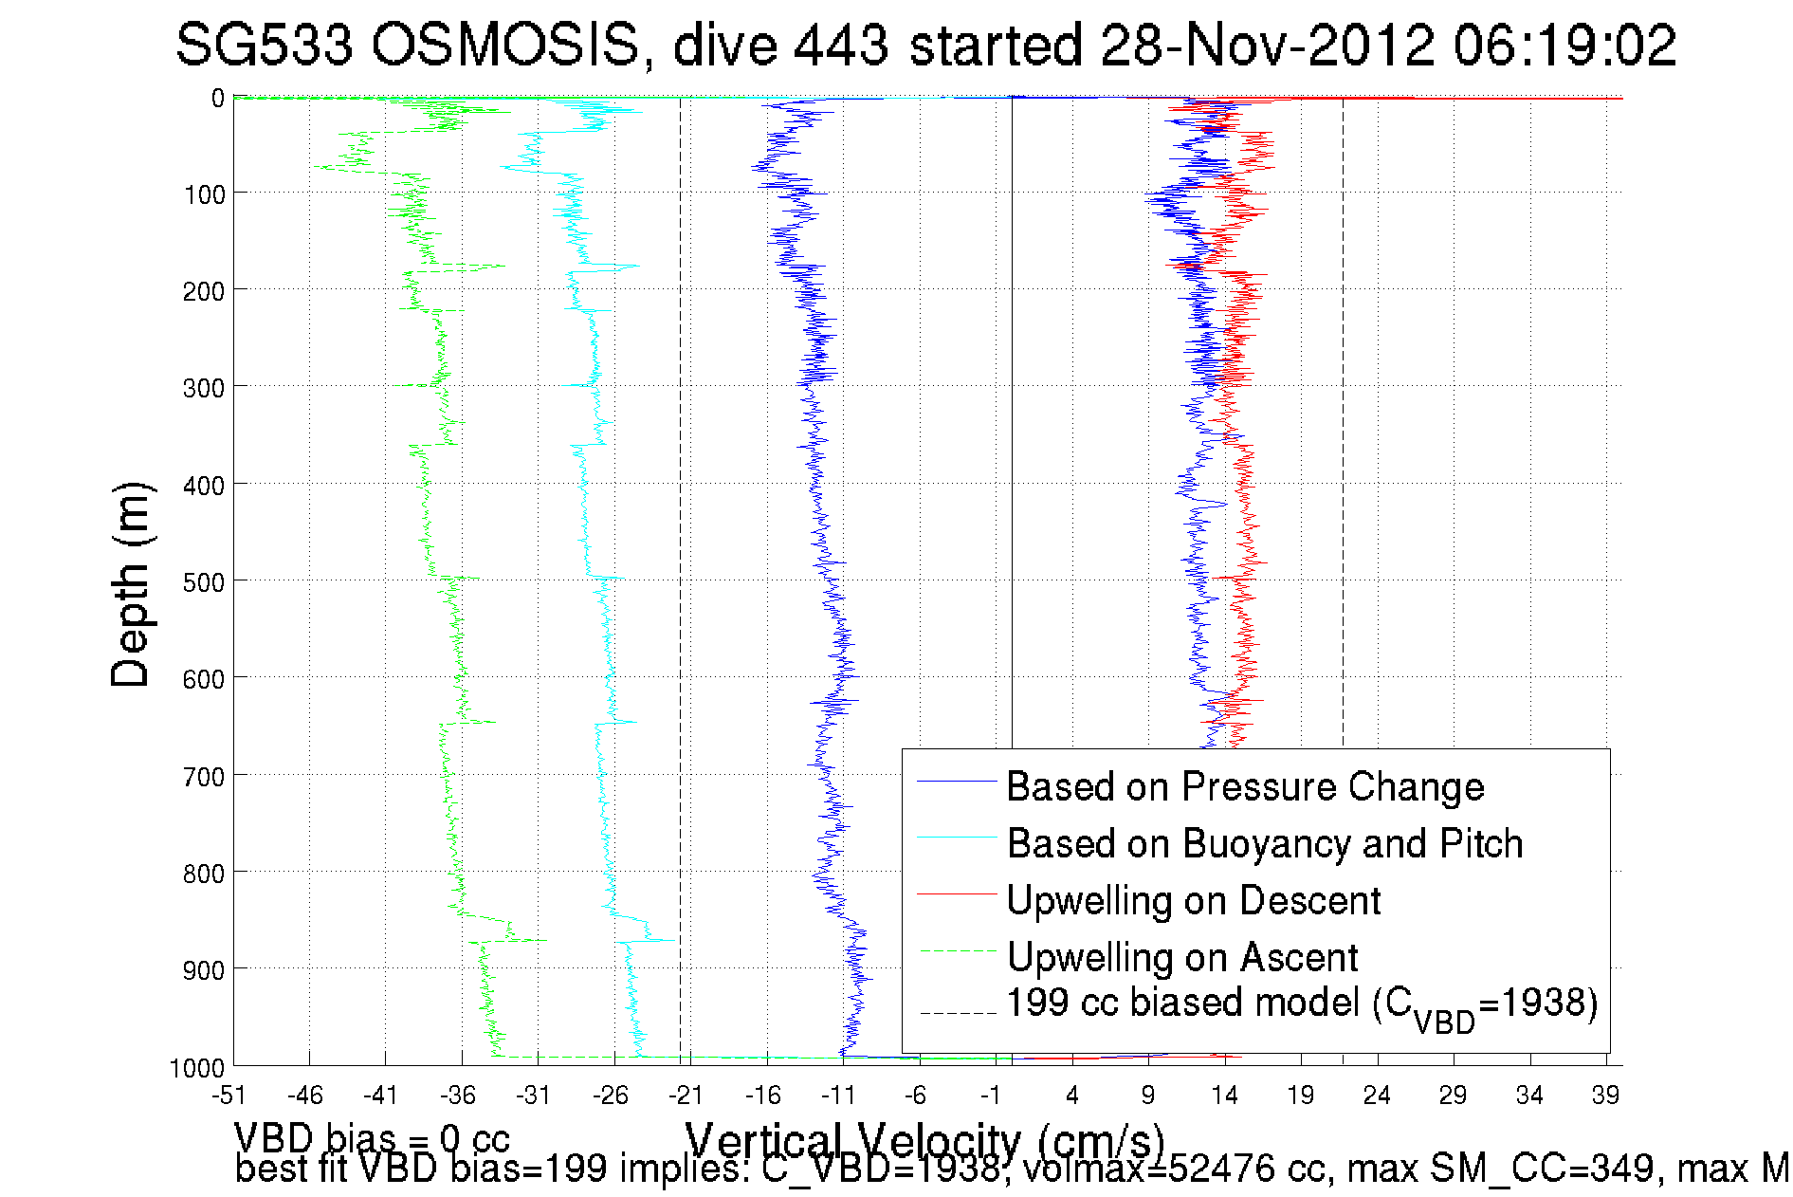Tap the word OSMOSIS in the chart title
505,45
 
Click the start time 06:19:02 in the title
1564,45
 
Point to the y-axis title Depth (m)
131,584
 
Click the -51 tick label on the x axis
229,1096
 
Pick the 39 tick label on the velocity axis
1605,1096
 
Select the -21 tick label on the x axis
686,1096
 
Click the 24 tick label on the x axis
1376,1096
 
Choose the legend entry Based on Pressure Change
1245,787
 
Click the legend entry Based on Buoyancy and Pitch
1264,844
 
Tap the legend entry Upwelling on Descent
1193,901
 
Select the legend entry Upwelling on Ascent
1182,958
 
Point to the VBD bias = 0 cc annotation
372,1138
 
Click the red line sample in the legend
956,893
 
